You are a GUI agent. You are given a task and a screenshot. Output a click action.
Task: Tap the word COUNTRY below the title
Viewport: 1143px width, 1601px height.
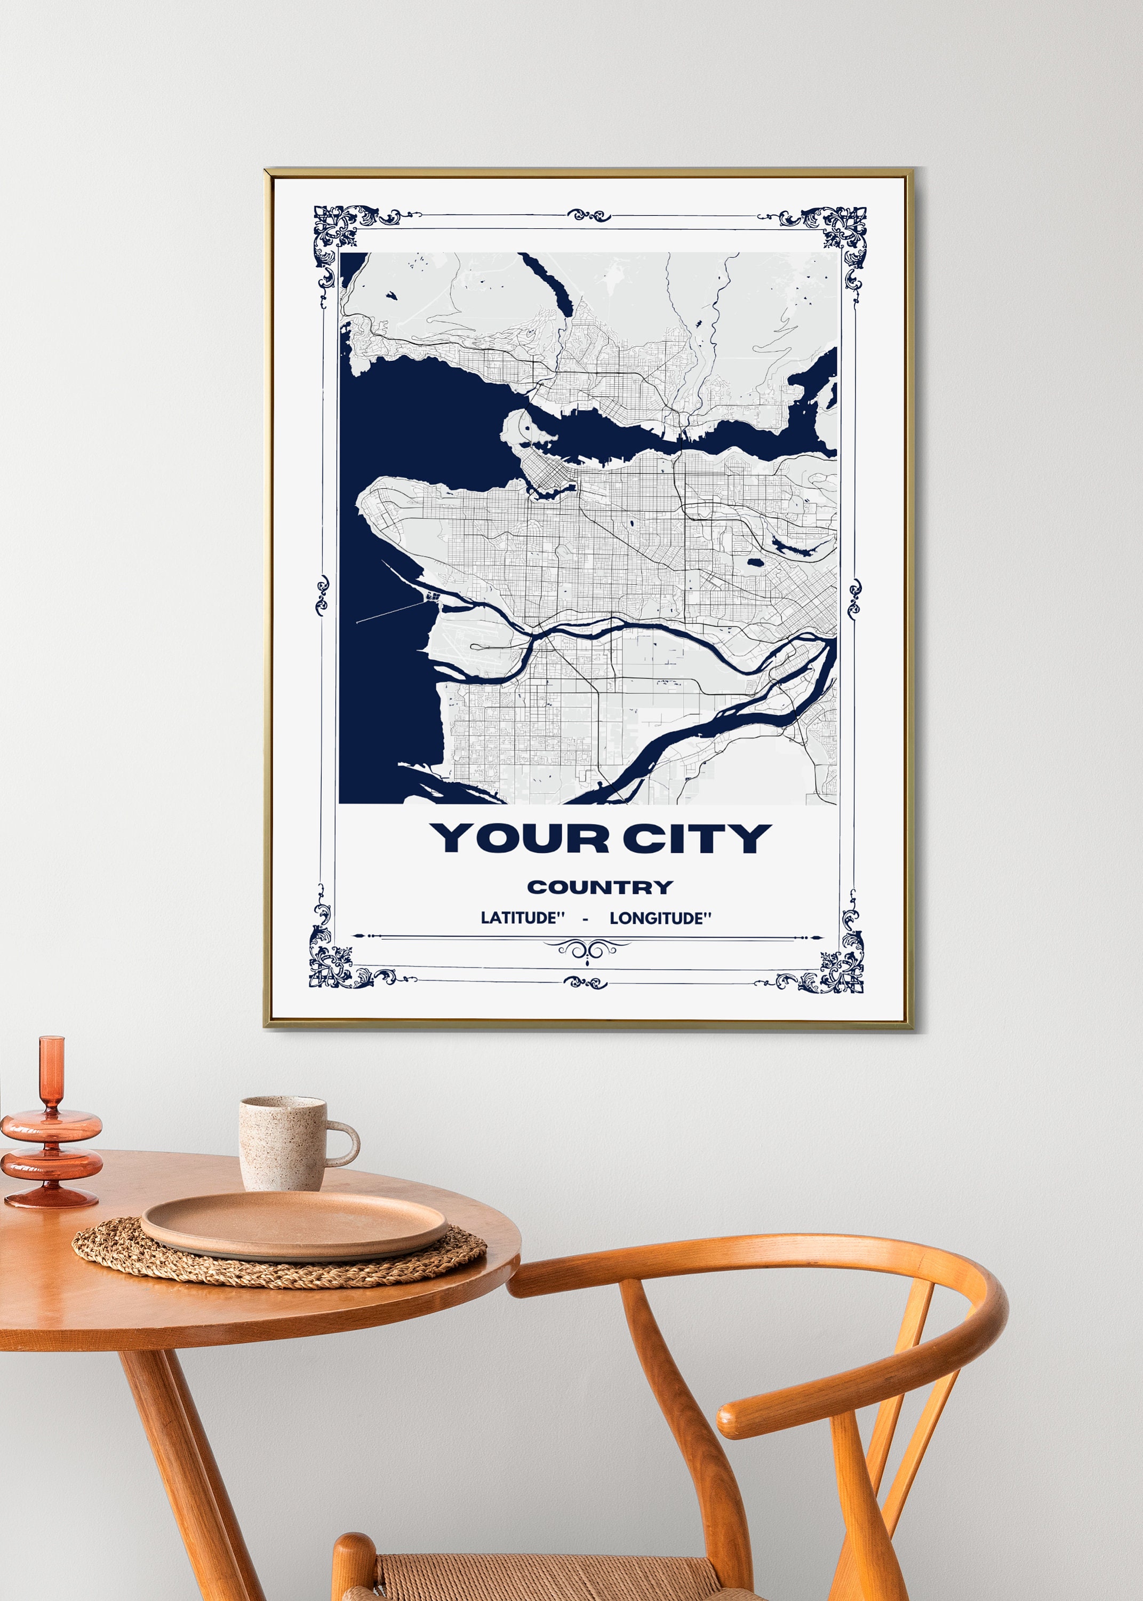(600, 887)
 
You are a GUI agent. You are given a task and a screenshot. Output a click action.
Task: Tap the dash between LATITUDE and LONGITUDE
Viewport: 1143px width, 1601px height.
(585, 919)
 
